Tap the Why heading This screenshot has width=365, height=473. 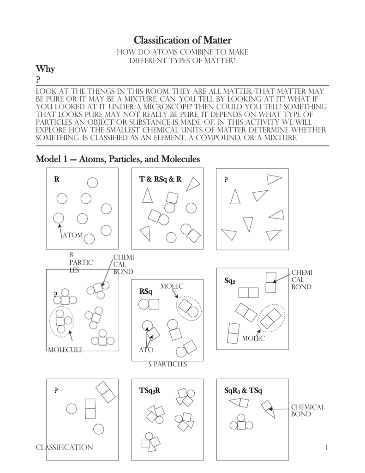(45, 69)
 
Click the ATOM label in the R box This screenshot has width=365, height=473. (72, 235)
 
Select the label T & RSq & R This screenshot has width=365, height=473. (160, 179)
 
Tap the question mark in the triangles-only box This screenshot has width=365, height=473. (226, 180)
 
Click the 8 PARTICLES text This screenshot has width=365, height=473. (81, 262)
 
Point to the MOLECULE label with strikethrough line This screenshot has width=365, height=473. (65, 350)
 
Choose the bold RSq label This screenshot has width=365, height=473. (145, 291)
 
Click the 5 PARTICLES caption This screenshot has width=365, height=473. (167, 364)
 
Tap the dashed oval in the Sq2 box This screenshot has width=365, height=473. (271, 318)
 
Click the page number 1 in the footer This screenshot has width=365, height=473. (326, 447)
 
